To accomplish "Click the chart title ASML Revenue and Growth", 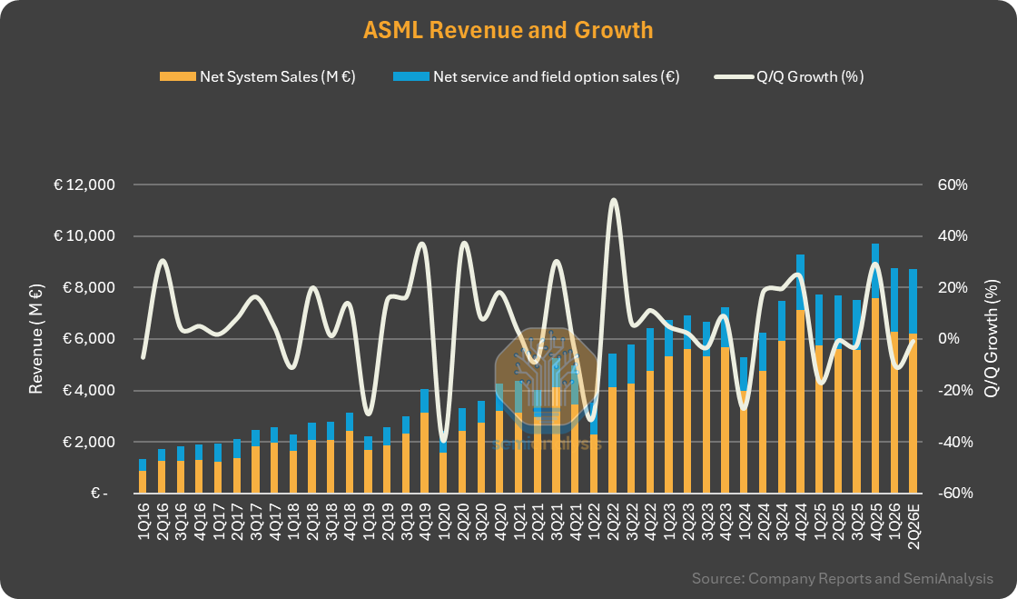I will pos(508,30).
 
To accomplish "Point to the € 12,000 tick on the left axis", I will pos(84,185).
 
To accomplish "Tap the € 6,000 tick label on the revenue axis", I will pos(84,339).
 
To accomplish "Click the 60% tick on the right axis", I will pos(953,185).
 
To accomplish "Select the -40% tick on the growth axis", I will pos(953,443).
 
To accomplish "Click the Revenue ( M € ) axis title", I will pos(36,339).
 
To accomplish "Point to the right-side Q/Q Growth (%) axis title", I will pos(992,339).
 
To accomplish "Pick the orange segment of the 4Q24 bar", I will pos(800,400).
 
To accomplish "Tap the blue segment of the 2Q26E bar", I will pos(913,301).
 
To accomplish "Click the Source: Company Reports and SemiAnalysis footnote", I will pos(842,579).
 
